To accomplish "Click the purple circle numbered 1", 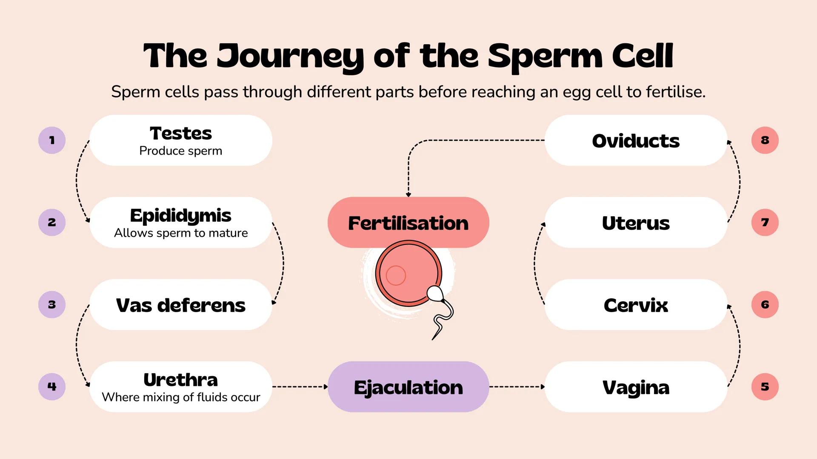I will (52, 140).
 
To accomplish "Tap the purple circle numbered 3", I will (52, 304).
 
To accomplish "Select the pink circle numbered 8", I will (765, 140).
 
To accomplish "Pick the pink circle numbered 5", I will (765, 387).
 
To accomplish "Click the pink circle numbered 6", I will (765, 304).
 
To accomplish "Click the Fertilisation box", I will (408, 223).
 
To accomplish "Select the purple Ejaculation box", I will (408, 387).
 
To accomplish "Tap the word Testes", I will (180, 133).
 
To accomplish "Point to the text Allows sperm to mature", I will (180, 233).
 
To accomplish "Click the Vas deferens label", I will (180, 305).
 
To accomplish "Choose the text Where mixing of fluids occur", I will (180, 397).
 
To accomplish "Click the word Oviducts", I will (636, 141).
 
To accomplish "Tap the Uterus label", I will (636, 223).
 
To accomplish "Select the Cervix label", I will (636, 305).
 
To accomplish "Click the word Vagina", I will (636, 387).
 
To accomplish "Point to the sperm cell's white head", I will (435, 293).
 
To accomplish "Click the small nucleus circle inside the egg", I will (396, 275).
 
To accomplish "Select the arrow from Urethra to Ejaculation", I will (300, 387).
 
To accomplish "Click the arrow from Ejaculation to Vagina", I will (517, 387).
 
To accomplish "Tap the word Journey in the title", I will (290, 56).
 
